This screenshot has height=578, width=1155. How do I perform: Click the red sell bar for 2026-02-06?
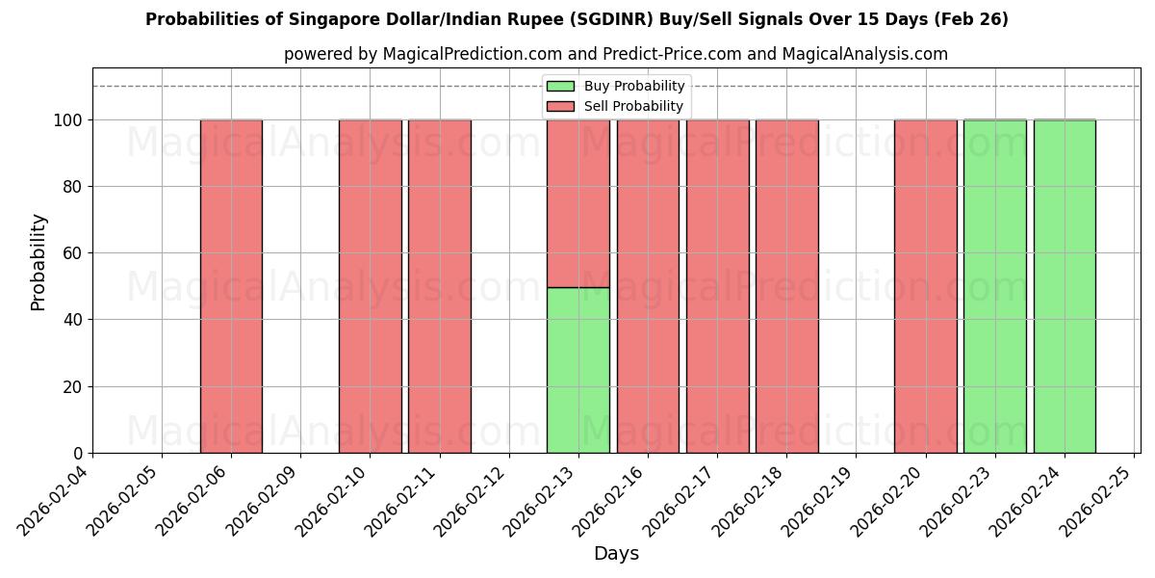(231, 286)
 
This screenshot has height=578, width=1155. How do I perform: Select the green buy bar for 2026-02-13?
(577, 370)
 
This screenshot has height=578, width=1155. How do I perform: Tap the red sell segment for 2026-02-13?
(577, 203)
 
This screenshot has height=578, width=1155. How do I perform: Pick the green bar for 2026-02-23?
(994, 286)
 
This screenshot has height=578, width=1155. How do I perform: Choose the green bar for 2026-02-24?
(1064, 286)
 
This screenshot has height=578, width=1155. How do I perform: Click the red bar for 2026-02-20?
(925, 286)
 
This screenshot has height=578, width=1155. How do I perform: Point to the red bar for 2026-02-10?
(370, 286)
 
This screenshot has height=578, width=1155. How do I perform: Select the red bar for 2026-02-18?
(786, 286)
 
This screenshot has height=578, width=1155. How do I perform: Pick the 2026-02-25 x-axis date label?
(1098, 501)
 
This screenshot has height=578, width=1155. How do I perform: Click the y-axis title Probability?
(38, 261)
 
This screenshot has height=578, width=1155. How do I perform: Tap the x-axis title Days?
(616, 554)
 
